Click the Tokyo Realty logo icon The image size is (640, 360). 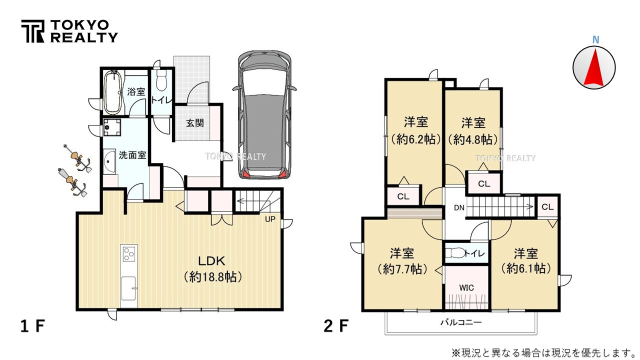32,31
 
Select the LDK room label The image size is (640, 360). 212,261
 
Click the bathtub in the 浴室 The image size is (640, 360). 112,91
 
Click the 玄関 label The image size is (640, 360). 195,123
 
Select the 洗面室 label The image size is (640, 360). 132,155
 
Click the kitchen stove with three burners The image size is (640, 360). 128,254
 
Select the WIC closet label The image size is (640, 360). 466,287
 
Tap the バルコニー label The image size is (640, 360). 461,323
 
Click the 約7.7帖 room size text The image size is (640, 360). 402,269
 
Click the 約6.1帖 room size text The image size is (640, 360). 526,268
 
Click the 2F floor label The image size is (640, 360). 335,326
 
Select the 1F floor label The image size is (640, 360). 33,326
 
